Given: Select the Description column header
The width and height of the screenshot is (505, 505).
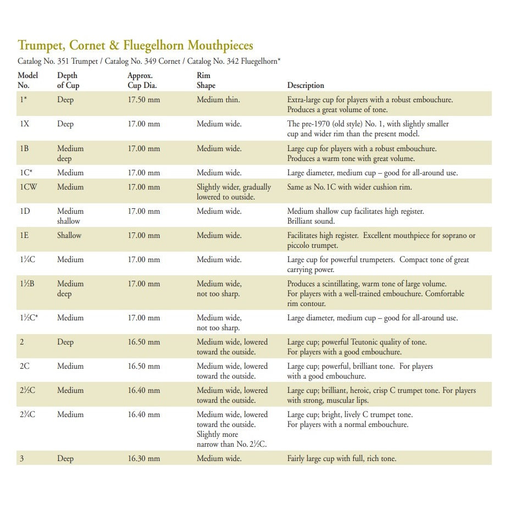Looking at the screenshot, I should [306, 86].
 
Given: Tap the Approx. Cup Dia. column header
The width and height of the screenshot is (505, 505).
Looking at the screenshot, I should [140, 80].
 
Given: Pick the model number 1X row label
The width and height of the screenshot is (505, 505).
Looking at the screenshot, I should [24, 124].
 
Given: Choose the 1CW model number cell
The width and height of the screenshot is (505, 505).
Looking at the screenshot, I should [28, 187].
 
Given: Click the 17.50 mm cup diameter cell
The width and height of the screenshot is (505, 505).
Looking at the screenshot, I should [143, 100].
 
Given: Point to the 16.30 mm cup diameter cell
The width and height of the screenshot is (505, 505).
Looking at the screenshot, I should [143, 458].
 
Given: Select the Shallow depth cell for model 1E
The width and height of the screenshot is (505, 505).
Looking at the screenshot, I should [69, 235].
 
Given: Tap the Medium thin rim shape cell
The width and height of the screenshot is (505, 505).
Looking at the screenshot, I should [218, 100].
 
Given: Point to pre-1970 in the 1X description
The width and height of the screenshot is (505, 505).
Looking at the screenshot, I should [319, 124].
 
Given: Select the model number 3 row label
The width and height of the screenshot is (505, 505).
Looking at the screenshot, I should [21, 458].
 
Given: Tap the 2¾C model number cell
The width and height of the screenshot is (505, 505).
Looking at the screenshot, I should [27, 414].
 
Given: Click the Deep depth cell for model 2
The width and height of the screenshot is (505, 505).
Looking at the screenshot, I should [65, 342].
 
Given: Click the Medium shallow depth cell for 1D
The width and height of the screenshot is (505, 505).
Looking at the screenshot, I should [70, 216].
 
